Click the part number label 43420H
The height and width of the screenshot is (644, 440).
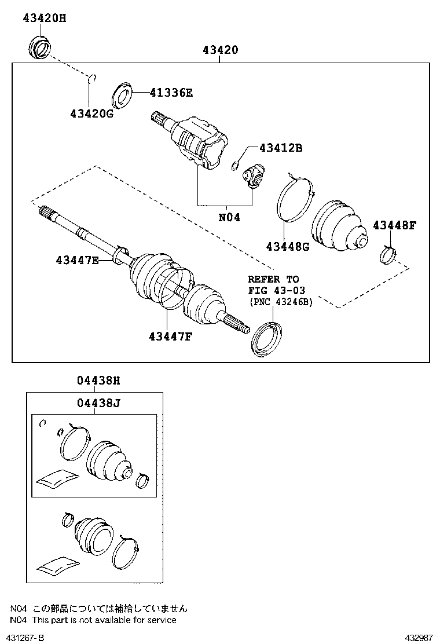point(44,18)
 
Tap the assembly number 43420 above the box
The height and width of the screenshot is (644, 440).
point(220,50)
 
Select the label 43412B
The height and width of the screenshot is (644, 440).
point(281,148)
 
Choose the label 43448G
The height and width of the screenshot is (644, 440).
point(288,247)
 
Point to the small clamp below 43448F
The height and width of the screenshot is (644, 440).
point(388,254)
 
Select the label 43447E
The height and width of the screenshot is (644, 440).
point(77,261)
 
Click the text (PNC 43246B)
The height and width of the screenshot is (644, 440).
point(280,302)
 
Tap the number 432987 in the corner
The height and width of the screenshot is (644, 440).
point(419,638)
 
